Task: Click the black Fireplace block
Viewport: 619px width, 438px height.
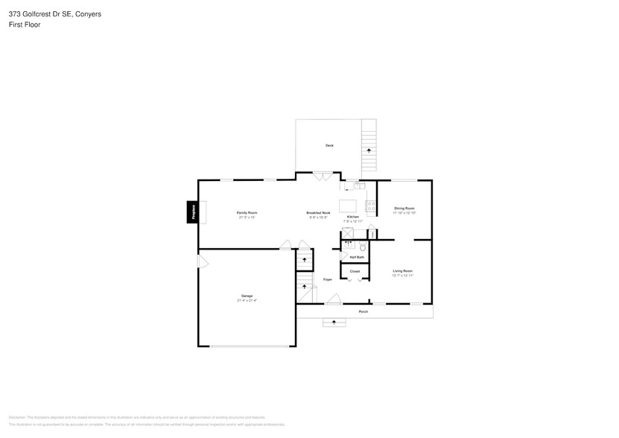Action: tap(192, 212)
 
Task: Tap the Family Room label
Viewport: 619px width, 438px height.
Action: tap(247, 214)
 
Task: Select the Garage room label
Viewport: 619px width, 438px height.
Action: tap(247, 296)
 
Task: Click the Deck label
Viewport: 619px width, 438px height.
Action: tap(329, 145)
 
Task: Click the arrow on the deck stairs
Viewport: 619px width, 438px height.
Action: tap(368, 150)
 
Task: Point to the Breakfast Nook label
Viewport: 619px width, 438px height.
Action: tap(318, 214)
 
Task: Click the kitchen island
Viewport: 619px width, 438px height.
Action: tap(348, 205)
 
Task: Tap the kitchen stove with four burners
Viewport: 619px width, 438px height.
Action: tap(371, 206)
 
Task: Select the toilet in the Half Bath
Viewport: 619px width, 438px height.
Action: tap(363, 247)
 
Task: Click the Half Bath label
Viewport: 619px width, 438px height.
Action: tap(357, 257)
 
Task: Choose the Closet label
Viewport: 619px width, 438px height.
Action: tap(355, 271)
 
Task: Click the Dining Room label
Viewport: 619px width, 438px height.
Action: tap(404, 208)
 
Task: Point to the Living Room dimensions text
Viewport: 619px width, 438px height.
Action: tap(402, 276)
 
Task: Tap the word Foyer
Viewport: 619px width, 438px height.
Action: tap(328, 280)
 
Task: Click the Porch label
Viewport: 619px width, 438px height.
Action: tap(364, 311)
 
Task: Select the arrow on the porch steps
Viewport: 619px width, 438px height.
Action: tap(334, 323)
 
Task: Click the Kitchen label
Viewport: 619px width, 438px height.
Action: tap(353, 217)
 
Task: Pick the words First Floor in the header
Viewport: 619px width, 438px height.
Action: tap(25, 25)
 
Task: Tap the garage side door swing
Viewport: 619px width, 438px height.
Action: tap(201, 261)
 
